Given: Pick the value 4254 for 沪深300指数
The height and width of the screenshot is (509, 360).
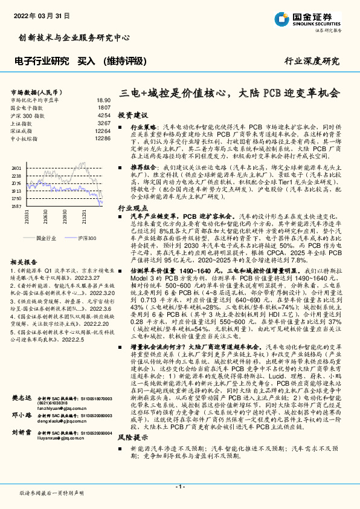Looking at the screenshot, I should [104, 115].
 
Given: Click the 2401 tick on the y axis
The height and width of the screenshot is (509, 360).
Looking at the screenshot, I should [16, 167].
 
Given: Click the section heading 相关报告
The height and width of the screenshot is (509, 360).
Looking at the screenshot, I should [25, 263].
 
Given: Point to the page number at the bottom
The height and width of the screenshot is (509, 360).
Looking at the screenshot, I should [179, 487].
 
